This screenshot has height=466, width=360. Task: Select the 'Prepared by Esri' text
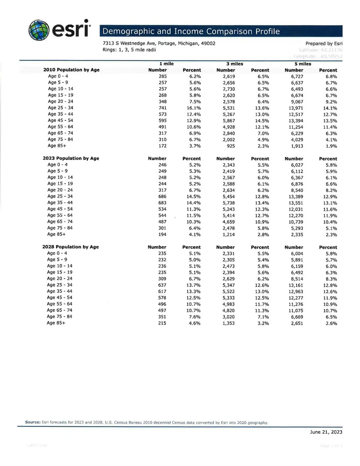point(324,44)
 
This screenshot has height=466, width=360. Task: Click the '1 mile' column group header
point(166,64)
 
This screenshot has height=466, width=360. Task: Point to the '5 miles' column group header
point(303,64)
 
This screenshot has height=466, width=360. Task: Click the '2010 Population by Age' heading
point(72,70)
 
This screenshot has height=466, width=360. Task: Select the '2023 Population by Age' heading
point(71,158)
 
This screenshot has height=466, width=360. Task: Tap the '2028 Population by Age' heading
point(71,247)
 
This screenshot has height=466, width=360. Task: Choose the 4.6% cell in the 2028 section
point(193,323)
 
